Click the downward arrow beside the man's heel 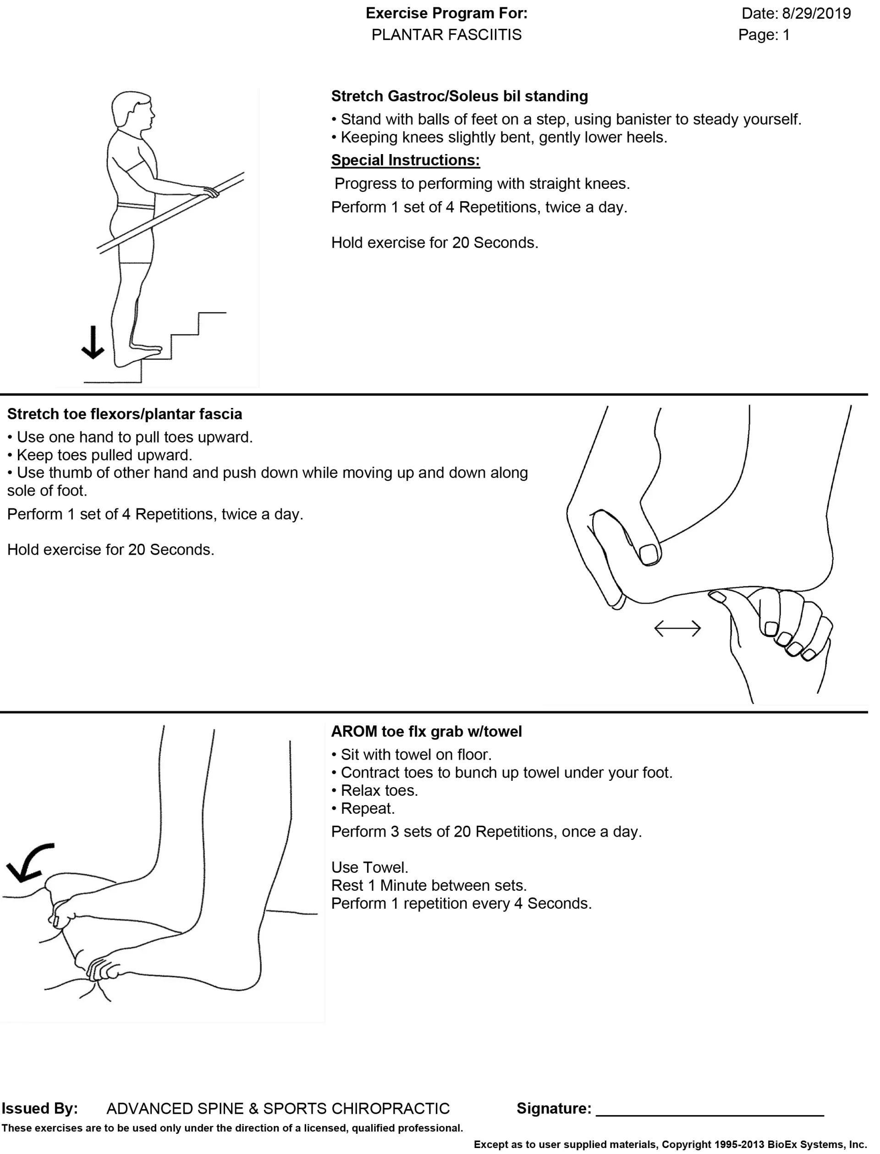coord(93,342)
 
